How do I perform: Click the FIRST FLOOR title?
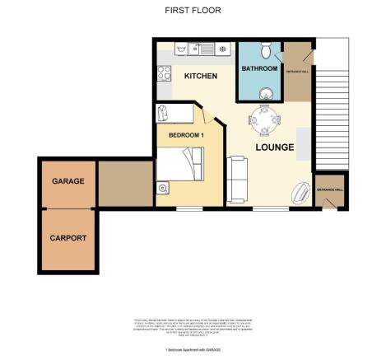coord(193,10)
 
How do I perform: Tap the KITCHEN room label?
coord(200,76)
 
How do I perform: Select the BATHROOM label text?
coord(258,69)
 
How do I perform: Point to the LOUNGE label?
coord(274,147)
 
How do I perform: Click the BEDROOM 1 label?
coord(185,134)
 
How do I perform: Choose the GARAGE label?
coord(67,180)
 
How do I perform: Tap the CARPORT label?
coord(67,238)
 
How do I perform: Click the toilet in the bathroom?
coord(265,49)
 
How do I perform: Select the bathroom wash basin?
coord(267,92)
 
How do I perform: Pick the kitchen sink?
coord(199,49)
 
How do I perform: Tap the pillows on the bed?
coord(198,162)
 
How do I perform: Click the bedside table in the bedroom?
coord(163,189)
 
